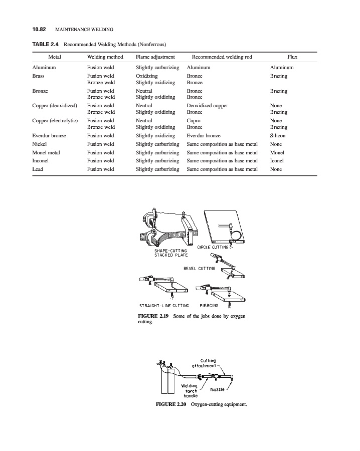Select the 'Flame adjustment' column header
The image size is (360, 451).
point(155,57)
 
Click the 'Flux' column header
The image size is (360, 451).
point(292,57)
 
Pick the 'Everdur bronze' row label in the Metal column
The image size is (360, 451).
point(49,136)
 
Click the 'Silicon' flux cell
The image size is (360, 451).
point(278,136)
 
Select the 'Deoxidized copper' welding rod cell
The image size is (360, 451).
point(207,106)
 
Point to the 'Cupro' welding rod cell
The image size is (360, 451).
point(194,121)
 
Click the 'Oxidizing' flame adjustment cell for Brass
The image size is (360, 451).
point(147,76)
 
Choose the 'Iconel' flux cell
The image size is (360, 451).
point(277,161)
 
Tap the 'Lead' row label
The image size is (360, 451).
point(38,169)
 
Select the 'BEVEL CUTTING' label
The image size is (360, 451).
point(199,269)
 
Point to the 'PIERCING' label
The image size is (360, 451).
point(209,306)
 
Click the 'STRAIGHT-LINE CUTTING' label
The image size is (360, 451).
point(164,306)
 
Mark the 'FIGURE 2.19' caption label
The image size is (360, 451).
point(153,316)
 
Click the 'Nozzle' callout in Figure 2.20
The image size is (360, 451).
point(218,389)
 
